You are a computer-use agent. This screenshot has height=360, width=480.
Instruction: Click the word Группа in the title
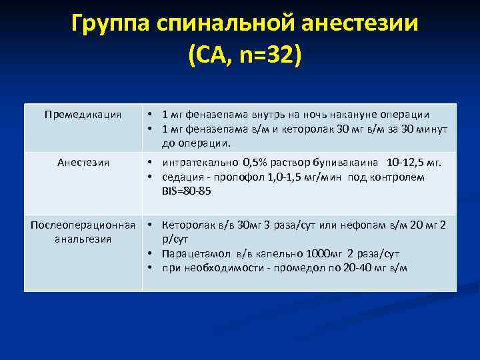[111, 25]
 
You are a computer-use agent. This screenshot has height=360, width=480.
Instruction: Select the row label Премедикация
[83, 115]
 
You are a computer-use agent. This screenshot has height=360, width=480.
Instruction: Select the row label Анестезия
[83, 162]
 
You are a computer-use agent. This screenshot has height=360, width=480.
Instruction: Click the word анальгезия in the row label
[83, 238]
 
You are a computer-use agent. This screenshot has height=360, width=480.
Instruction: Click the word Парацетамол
[195, 254]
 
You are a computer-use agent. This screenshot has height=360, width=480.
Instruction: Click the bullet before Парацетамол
[152, 254]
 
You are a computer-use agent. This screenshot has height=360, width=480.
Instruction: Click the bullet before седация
[152, 177]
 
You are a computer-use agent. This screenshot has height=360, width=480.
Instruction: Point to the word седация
[182, 177]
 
